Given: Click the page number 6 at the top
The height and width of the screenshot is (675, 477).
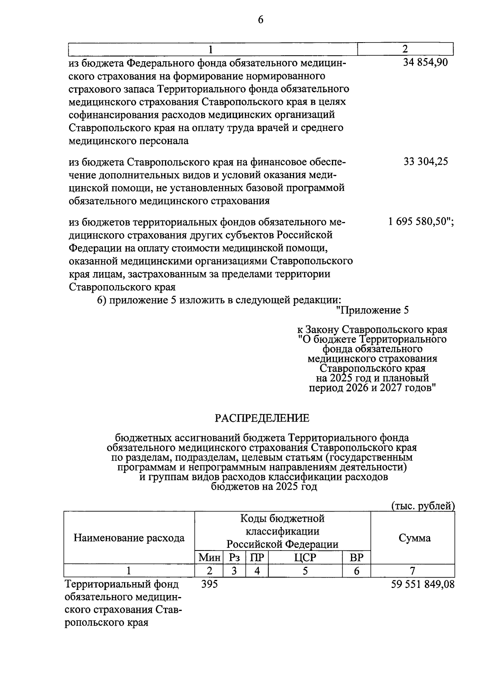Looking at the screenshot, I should click(x=260, y=20).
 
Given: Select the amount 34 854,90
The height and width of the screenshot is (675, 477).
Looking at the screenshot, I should click(x=425, y=62).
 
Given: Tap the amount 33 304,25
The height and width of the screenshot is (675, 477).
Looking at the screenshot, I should click(x=426, y=161).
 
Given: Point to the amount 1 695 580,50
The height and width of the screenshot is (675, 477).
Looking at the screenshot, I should click(x=421, y=222).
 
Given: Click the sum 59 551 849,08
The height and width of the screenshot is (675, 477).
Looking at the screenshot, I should click(x=423, y=584).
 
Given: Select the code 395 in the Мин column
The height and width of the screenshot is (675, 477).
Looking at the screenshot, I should click(x=209, y=584).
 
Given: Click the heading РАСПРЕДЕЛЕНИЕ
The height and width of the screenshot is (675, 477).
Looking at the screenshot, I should click(x=262, y=418).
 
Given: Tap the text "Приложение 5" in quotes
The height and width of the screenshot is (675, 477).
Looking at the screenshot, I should click(x=372, y=310).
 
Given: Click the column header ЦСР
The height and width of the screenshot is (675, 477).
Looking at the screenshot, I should click(x=305, y=558).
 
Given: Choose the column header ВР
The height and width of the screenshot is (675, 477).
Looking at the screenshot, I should click(x=356, y=558).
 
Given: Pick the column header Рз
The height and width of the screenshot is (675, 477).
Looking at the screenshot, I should click(x=235, y=558).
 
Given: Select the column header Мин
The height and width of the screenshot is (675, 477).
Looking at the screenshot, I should click(x=209, y=558).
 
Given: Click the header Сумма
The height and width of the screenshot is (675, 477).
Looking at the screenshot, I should click(x=414, y=538).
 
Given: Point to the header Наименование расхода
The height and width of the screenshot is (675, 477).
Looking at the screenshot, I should click(x=129, y=538).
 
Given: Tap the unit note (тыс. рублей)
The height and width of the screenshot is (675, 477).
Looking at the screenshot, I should click(x=423, y=506).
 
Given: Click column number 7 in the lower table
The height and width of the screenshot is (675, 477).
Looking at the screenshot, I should click(x=413, y=571).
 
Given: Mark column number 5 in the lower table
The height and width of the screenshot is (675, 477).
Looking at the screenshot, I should click(x=305, y=571).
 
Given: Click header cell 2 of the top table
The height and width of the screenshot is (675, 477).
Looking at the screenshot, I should click(x=405, y=49).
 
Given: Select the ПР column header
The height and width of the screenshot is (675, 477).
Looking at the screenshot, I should click(x=257, y=558).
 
